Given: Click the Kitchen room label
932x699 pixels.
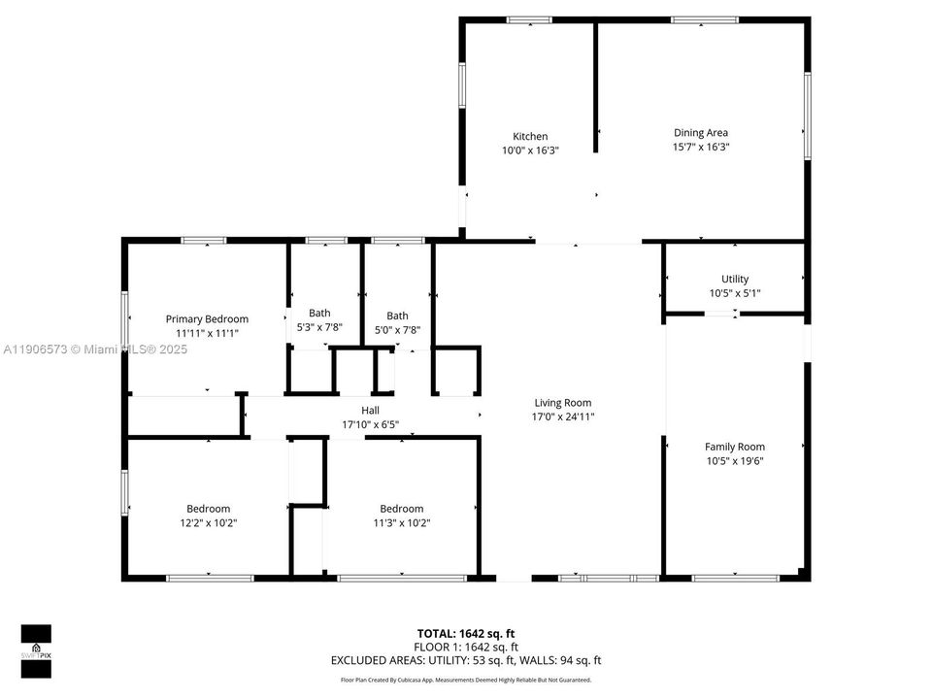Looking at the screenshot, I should (x=530, y=136).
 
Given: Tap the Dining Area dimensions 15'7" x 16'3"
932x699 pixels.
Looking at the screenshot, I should (x=700, y=148).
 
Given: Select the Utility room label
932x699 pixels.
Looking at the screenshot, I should (x=734, y=279).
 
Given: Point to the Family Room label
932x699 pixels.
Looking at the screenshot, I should (x=734, y=447).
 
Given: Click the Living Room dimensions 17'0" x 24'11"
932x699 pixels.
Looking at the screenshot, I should (x=562, y=416).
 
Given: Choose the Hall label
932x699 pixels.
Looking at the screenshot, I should (x=370, y=410).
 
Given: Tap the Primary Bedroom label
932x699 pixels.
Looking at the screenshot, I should (x=207, y=318).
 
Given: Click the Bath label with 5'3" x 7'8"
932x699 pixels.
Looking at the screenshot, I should (x=319, y=313).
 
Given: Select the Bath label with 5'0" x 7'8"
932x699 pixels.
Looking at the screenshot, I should (x=397, y=316).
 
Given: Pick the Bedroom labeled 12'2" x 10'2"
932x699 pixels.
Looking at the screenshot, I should (x=208, y=509).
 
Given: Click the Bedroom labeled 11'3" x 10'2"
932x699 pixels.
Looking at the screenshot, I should (x=401, y=509).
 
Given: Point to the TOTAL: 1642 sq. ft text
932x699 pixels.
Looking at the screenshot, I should (x=466, y=633).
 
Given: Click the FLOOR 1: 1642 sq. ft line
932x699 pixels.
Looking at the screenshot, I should (x=466, y=647).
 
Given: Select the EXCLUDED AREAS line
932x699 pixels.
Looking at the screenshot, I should (x=466, y=660).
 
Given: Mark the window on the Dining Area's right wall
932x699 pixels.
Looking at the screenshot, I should (x=806, y=116).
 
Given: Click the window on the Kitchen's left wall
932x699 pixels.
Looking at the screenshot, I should (x=462, y=84).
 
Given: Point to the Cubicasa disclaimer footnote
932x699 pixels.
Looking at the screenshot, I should (x=466, y=680).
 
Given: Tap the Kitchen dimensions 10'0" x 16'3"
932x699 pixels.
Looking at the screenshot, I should (x=530, y=150).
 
